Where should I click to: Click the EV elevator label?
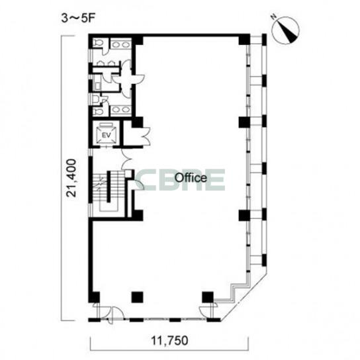pyautogui.click(x=106, y=135)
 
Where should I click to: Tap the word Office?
pyautogui.click(x=191, y=178)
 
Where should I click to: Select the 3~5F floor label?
pyautogui.click(x=78, y=19)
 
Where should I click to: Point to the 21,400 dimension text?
pyautogui.click(x=71, y=177)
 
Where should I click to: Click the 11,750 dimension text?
pyautogui.click(x=169, y=341)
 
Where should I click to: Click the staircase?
pyautogui.click(x=108, y=191)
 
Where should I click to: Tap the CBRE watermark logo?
pyautogui.click(x=180, y=180)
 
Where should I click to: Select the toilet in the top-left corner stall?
pyautogui.click(x=98, y=43)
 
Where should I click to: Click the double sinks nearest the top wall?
pyautogui.click(x=120, y=44)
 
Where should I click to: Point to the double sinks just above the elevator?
pyautogui.click(x=120, y=111)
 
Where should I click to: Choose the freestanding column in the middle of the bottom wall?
pyautogui.click(x=137, y=297)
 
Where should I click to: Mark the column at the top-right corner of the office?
pyautogui.click(x=244, y=39)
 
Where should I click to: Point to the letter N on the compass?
pyautogui.click(x=274, y=17)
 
